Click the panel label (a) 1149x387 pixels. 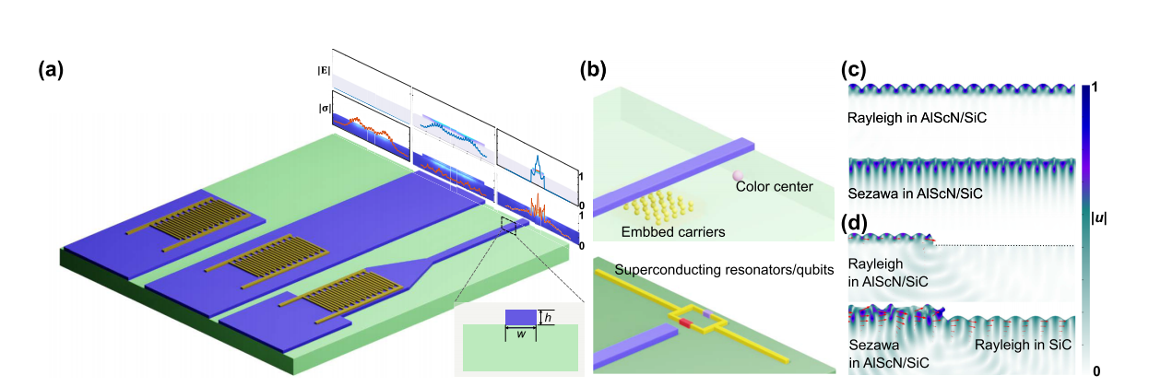coord(51,69)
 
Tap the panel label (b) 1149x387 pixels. coord(590,69)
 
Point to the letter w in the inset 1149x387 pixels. coord(521,334)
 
